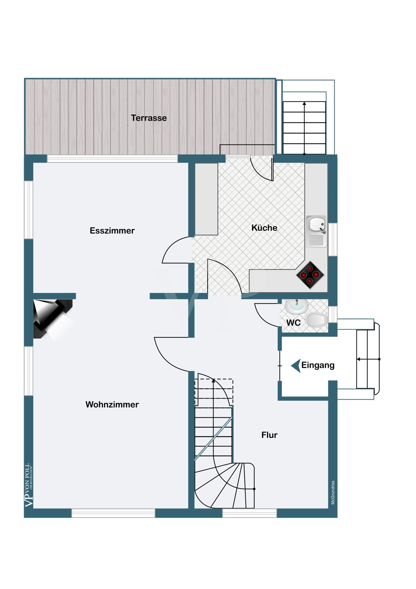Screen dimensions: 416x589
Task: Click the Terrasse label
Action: point(149,118)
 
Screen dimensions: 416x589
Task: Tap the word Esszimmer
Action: point(112,230)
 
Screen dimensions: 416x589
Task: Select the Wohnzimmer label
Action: point(112,404)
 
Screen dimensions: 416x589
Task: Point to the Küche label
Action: point(265,227)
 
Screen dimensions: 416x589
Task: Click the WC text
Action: point(293,323)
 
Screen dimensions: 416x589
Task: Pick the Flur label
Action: point(269,435)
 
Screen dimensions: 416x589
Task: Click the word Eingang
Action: point(318,365)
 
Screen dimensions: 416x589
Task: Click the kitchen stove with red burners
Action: point(310,275)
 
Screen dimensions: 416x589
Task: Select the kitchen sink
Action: point(316,231)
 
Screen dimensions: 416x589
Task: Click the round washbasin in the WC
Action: point(297,306)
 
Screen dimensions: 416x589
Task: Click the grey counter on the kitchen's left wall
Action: point(206,199)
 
